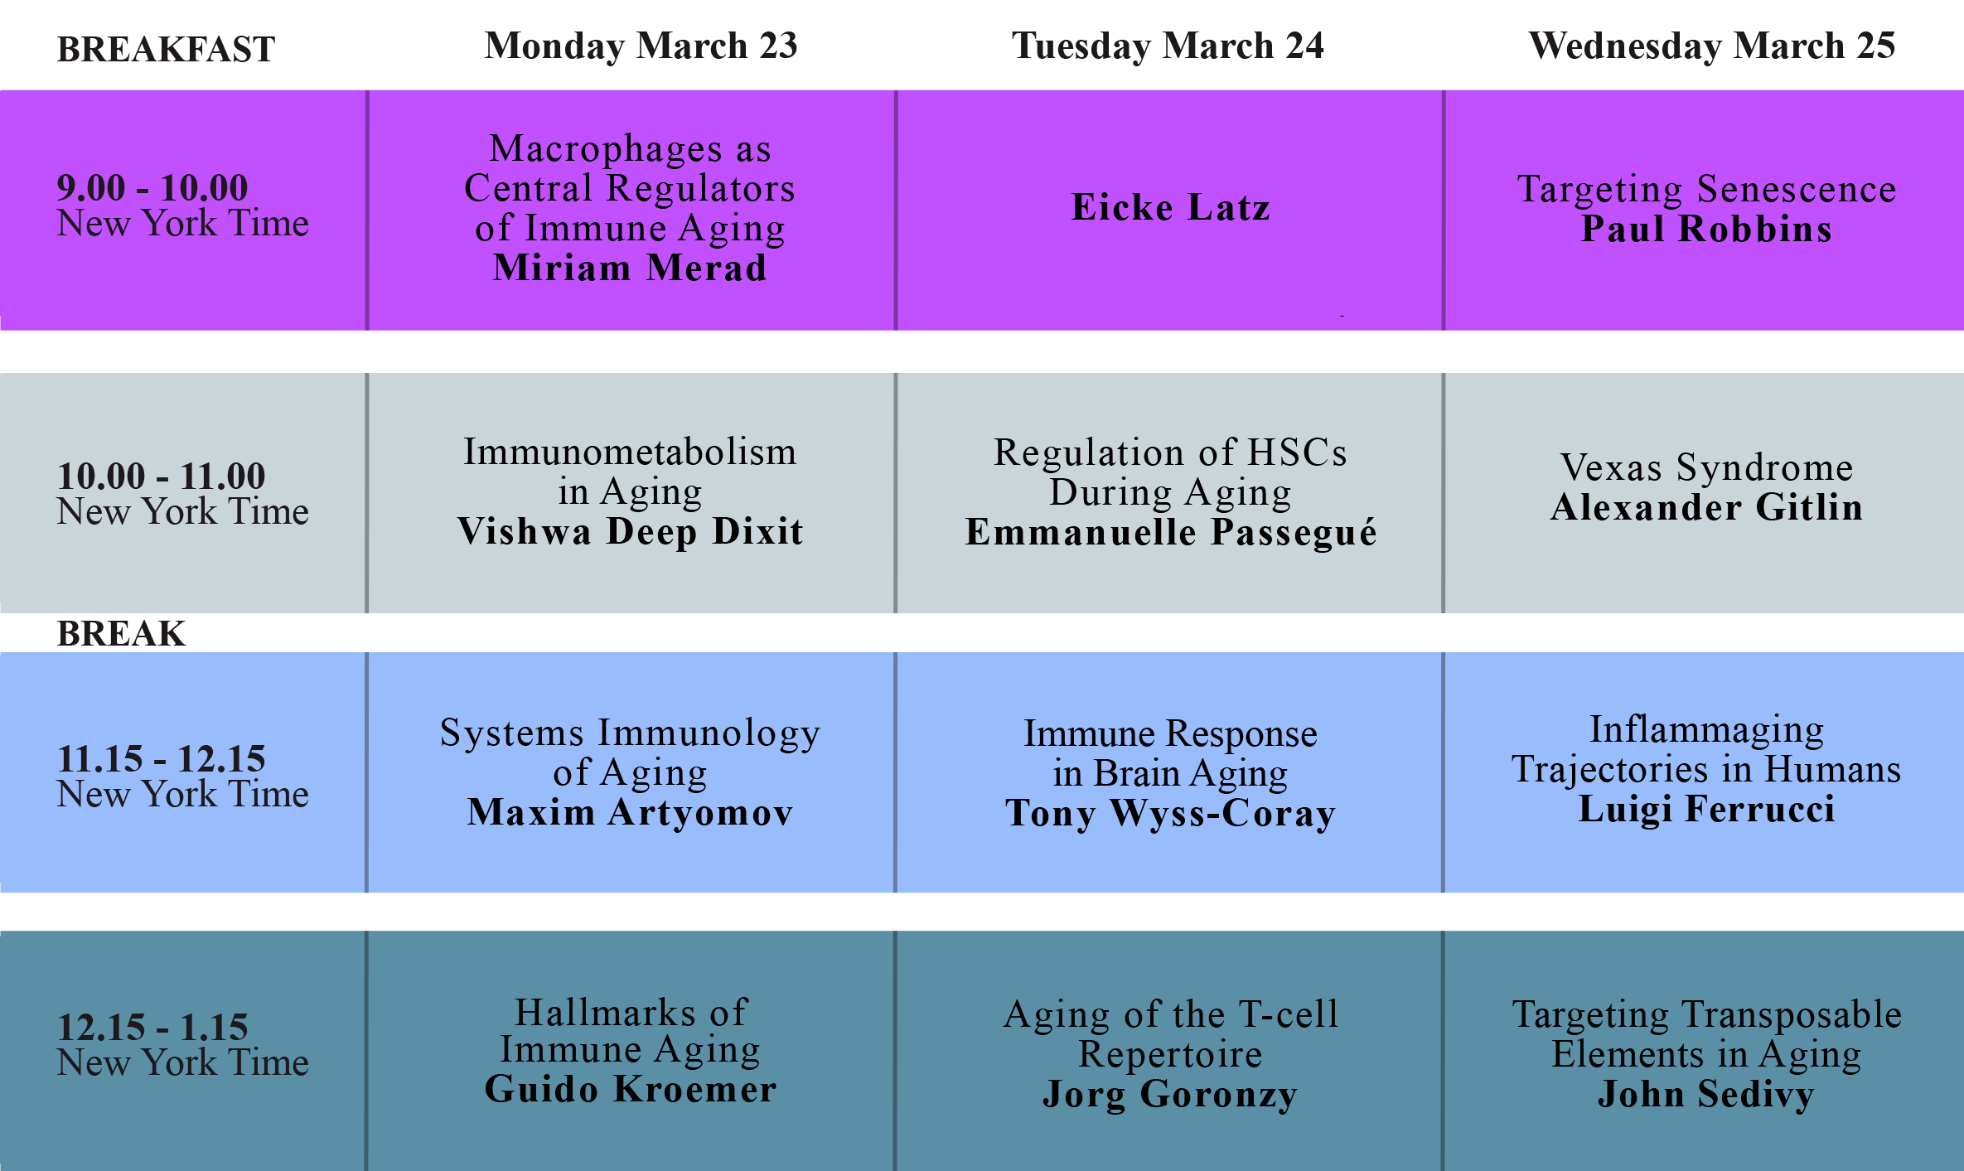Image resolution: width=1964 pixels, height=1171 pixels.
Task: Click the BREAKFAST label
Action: pyautogui.click(x=166, y=50)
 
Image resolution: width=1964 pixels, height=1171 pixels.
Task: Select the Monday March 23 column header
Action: pyautogui.click(x=641, y=46)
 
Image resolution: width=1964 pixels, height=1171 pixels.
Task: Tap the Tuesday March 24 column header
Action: pyautogui.click(x=1168, y=46)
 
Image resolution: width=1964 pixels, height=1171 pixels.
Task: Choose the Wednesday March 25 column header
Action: pyautogui.click(x=1712, y=46)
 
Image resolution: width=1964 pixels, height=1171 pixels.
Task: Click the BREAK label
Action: pyautogui.click(x=121, y=634)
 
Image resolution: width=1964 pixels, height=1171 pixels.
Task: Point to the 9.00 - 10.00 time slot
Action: pyautogui.click(x=152, y=187)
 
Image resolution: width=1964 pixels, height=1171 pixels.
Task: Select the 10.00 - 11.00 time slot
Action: pyautogui.click(x=161, y=476)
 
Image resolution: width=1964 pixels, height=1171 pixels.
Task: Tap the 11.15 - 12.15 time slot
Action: pyautogui.click(x=161, y=758)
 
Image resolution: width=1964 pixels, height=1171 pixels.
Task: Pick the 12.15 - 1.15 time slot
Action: pyautogui.click(x=152, y=1027)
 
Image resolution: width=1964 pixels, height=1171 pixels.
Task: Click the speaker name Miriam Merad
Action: pyautogui.click(x=630, y=268)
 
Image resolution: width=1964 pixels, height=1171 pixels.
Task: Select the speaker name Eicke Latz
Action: pyautogui.click(x=1170, y=207)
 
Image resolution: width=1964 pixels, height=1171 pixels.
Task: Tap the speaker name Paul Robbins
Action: pyautogui.click(x=1706, y=229)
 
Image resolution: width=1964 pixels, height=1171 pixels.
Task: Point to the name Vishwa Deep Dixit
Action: pyautogui.click(x=630, y=531)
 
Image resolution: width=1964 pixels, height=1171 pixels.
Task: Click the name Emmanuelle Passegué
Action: pyautogui.click(x=1170, y=532)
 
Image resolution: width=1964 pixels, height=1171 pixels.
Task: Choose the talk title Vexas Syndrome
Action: pyautogui.click(x=1706, y=467)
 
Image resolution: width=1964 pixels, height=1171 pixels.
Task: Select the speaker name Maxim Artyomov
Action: pyautogui.click(x=630, y=812)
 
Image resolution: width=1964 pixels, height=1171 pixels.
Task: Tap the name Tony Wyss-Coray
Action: pyautogui.click(x=1170, y=813)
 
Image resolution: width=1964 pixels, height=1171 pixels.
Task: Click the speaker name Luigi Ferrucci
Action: pyautogui.click(x=1706, y=809)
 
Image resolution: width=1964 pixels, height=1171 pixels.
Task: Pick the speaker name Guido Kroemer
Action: pyautogui.click(x=630, y=1089)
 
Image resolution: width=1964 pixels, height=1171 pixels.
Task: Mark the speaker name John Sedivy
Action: pyautogui.click(x=1706, y=1094)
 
